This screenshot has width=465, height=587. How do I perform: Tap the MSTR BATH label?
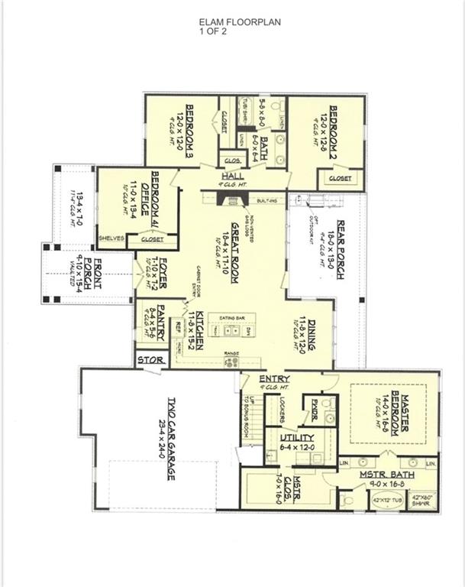coord(386,475)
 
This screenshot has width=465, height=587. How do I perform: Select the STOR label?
coord(149,358)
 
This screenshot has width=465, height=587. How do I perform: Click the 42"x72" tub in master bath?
coord(384,501)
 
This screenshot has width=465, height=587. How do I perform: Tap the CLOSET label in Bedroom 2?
coord(340,178)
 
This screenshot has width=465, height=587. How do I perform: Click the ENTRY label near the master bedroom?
coord(273,378)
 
